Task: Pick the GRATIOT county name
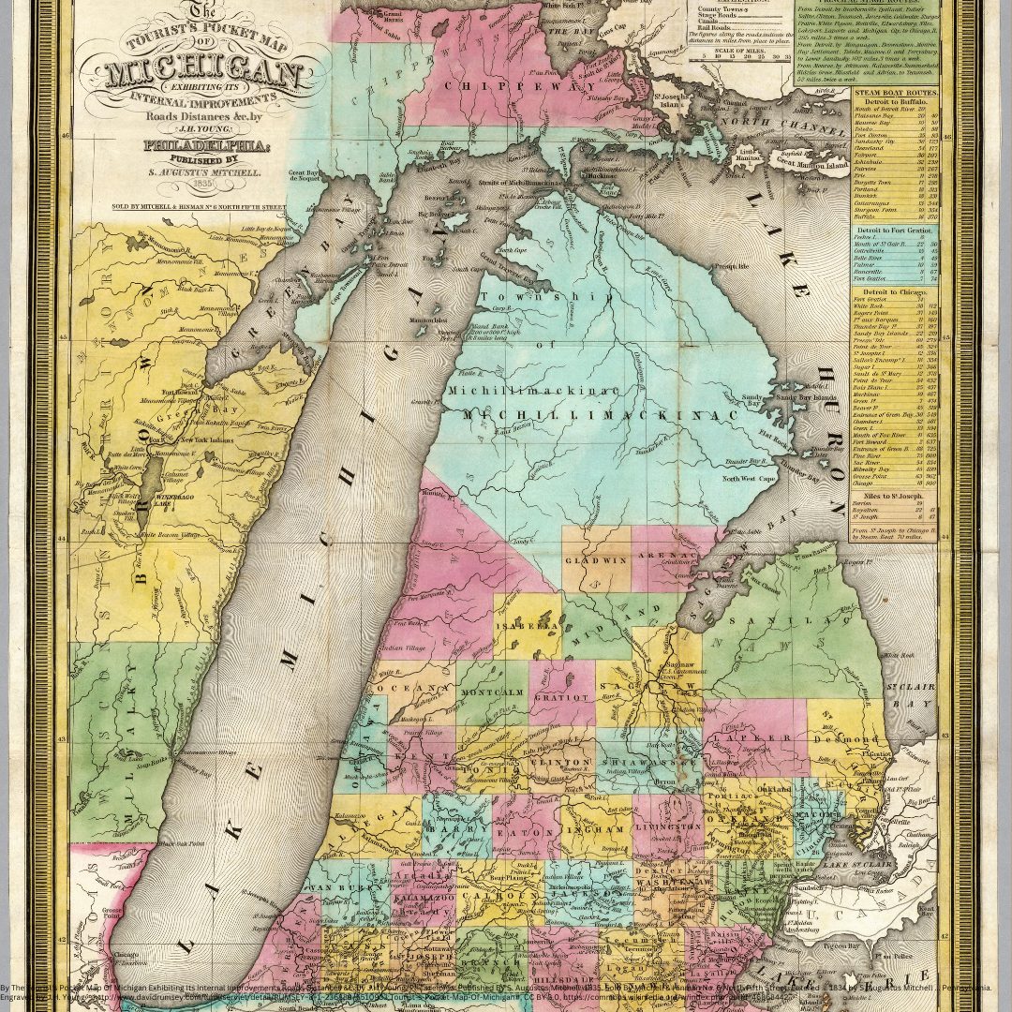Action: pos(560,697)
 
